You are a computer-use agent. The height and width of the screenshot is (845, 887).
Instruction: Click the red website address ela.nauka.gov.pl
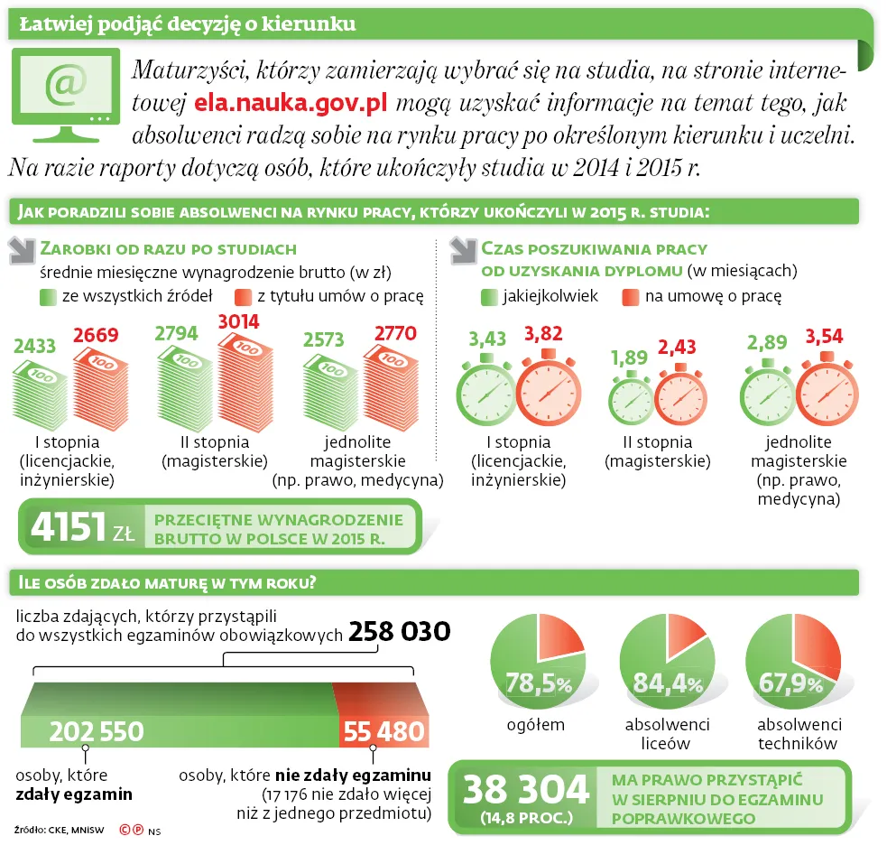tap(291, 102)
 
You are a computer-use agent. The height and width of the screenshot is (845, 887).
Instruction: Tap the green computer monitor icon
tap(66, 95)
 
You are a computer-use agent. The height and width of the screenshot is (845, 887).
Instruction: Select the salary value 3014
tap(239, 321)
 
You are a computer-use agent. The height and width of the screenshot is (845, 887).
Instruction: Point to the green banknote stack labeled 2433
tap(40, 394)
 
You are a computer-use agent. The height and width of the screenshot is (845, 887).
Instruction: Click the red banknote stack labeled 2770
tap(391, 386)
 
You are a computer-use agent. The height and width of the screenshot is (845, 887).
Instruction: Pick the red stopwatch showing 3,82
tap(549, 387)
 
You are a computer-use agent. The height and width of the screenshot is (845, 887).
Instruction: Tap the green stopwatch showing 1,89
tap(631, 397)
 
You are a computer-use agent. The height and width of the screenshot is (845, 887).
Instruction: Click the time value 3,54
tap(824, 336)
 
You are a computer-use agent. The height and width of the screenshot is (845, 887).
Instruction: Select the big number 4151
tap(68, 526)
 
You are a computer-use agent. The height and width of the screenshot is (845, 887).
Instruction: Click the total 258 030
tap(400, 631)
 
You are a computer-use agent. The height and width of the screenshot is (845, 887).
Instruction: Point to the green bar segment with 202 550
tap(177, 715)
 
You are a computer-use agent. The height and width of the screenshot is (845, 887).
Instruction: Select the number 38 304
tap(526, 789)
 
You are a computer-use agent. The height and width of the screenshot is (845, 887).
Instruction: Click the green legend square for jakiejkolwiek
tap(489, 297)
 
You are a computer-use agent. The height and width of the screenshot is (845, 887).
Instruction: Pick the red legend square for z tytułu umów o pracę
tap(244, 297)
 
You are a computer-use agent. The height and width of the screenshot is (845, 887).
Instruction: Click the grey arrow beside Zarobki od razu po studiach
tap(23, 251)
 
